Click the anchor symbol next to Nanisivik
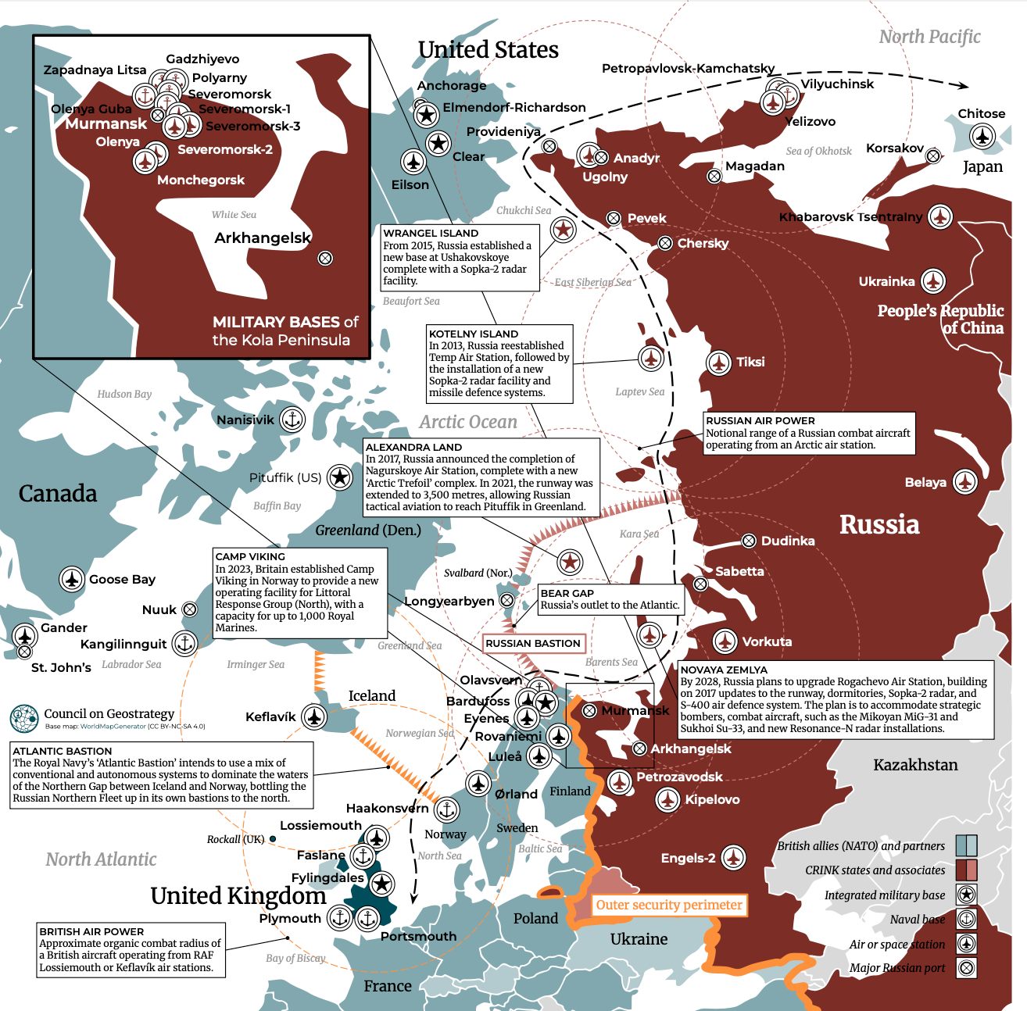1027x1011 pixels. point(292,420)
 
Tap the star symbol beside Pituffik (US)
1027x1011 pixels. point(339,477)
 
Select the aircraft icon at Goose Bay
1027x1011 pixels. point(72,579)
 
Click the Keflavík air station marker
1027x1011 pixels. point(314,716)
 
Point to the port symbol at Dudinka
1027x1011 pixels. point(748,541)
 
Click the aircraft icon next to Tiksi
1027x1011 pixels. point(719,362)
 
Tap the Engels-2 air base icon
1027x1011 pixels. point(733,857)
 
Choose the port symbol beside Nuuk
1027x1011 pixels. point(190,609)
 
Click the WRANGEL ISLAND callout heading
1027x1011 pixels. point(431,233)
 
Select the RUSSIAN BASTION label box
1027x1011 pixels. point(533,643)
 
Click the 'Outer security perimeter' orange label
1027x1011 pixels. point(669,905)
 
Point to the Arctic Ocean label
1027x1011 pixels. point(468,422)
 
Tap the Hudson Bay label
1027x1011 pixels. point(124,394)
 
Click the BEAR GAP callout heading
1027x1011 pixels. point(567,593)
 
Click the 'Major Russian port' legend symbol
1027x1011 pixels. point(967,968)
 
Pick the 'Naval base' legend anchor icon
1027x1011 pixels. point(967,920)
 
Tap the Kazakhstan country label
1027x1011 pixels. point(915,765)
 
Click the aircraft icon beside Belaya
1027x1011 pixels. point(965,482)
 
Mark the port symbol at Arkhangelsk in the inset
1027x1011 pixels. point(325,259)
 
